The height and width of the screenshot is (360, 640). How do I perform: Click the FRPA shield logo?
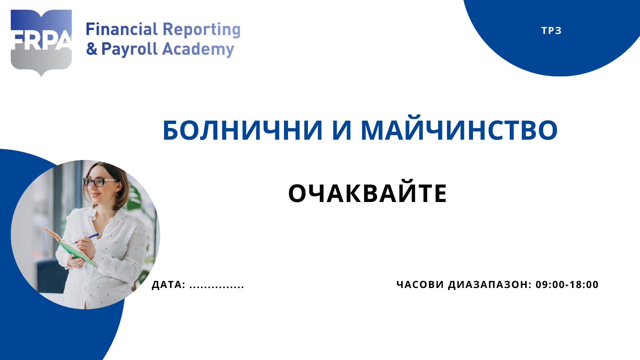click(41, 42)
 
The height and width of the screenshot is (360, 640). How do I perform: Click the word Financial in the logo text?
click(122, 29)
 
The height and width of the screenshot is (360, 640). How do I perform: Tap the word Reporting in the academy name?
click(201, 30)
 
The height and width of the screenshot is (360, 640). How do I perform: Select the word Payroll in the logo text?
click(129, 49)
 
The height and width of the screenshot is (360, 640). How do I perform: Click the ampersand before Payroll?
click(92, 49)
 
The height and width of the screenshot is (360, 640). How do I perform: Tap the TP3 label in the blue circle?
click(551, 31)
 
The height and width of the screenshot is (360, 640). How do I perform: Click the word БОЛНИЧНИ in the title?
click(242, 130)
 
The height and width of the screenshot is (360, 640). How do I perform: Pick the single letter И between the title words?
click(342, 130)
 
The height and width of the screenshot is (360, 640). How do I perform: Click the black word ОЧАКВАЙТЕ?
click(367, 193)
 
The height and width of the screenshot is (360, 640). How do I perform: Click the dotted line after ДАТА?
click(217, 286)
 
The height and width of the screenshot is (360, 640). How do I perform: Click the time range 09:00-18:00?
click(567, 285)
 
